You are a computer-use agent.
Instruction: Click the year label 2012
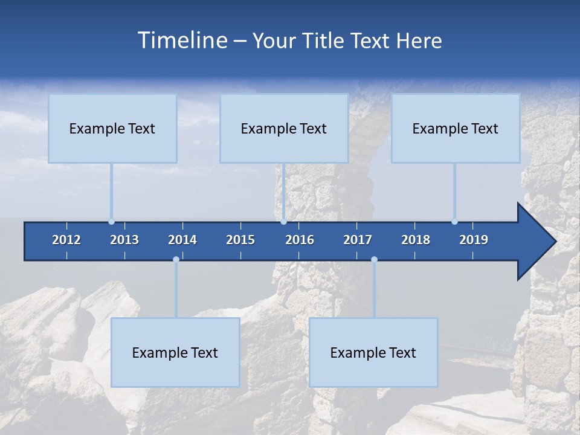pos(66,240)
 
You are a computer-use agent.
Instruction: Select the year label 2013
pos(124,240)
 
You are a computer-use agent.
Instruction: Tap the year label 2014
pos(182,240)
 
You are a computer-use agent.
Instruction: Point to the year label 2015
pos(240,240)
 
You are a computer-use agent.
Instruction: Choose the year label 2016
pos(300,240)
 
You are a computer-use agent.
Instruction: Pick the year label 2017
pos(358,240)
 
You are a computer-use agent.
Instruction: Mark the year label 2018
pos(416,240)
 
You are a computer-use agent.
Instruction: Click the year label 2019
pos(474,240)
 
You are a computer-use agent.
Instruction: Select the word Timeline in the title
pos(182,40)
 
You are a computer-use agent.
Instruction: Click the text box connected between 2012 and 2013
pos(112,128)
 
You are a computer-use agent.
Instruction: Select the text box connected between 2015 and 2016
pos(284,128)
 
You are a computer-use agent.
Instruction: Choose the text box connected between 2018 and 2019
pos(456,128)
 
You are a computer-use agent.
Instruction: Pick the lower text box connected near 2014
pos(175,352)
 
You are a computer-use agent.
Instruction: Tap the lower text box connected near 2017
pos(373,352)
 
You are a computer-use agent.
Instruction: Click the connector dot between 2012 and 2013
pos(112,222)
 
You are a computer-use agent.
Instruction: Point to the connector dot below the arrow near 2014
pos(176,260)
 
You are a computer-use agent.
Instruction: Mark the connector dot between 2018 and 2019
pos(454,222)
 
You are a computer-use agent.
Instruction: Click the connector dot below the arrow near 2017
pos(374,260)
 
